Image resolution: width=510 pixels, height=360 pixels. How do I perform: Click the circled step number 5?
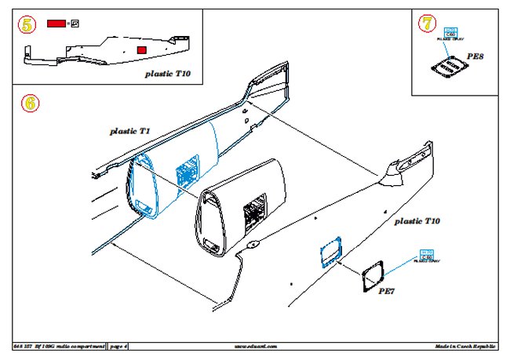coord(27,24)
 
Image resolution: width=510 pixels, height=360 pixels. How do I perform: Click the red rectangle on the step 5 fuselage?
coord(141,50)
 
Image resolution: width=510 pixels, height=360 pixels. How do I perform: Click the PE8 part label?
coord(475,57)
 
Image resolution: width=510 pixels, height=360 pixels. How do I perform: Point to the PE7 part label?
coord(388,292)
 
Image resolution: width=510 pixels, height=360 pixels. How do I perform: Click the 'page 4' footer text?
coord(119,345)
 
